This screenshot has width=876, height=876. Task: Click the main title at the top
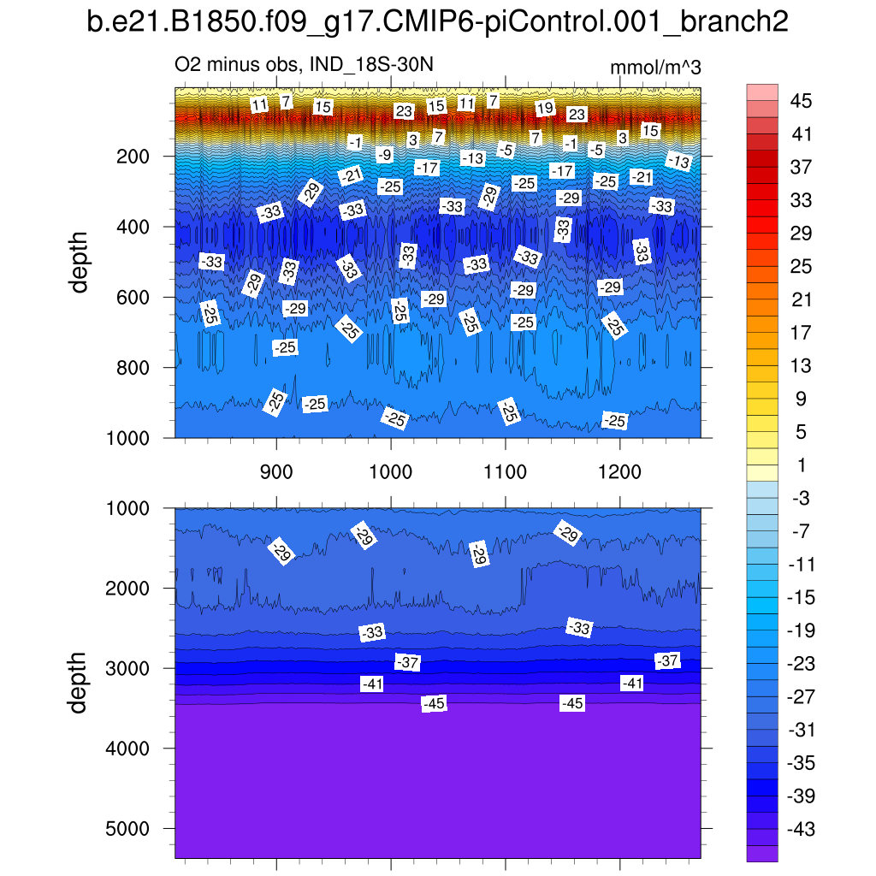(437, 23)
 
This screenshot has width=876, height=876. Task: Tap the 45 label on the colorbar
(801, 101)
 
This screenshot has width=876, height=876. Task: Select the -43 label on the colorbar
(801, 829)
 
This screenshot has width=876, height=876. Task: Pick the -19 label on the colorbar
(801, 630)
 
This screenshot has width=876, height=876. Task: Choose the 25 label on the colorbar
(801, 267)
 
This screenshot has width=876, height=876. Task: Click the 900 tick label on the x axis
(276, 471)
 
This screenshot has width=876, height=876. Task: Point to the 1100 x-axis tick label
(506, 471)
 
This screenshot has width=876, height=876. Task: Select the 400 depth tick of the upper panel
(133, 227)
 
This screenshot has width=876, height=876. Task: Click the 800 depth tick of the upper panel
(133, 367)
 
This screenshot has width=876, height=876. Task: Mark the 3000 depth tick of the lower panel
(127, 668)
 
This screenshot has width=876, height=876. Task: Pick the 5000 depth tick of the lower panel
(127, 829)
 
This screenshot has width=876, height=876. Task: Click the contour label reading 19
(545, 109)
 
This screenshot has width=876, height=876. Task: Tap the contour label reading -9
(385, 155)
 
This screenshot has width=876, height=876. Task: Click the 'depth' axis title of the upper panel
(80, 262)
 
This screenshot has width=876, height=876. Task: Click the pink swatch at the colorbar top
(762, 92)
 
